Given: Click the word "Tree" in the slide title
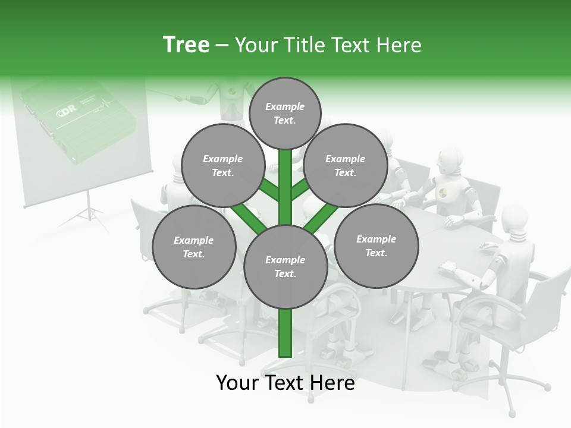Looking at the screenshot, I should pos(186,45).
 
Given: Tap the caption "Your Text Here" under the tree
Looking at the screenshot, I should pos(285,383).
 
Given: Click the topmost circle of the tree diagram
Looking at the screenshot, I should pos(285,113).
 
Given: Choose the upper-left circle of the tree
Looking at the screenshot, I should pos(222,166).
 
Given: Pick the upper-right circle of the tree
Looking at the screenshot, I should pos(346,166).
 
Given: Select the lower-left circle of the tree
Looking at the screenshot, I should pos(194,247).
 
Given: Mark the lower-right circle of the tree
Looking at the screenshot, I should pos(376,246).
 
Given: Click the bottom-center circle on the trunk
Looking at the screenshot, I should pos(285,267).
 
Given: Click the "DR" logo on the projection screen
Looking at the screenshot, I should pos(66,112).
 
